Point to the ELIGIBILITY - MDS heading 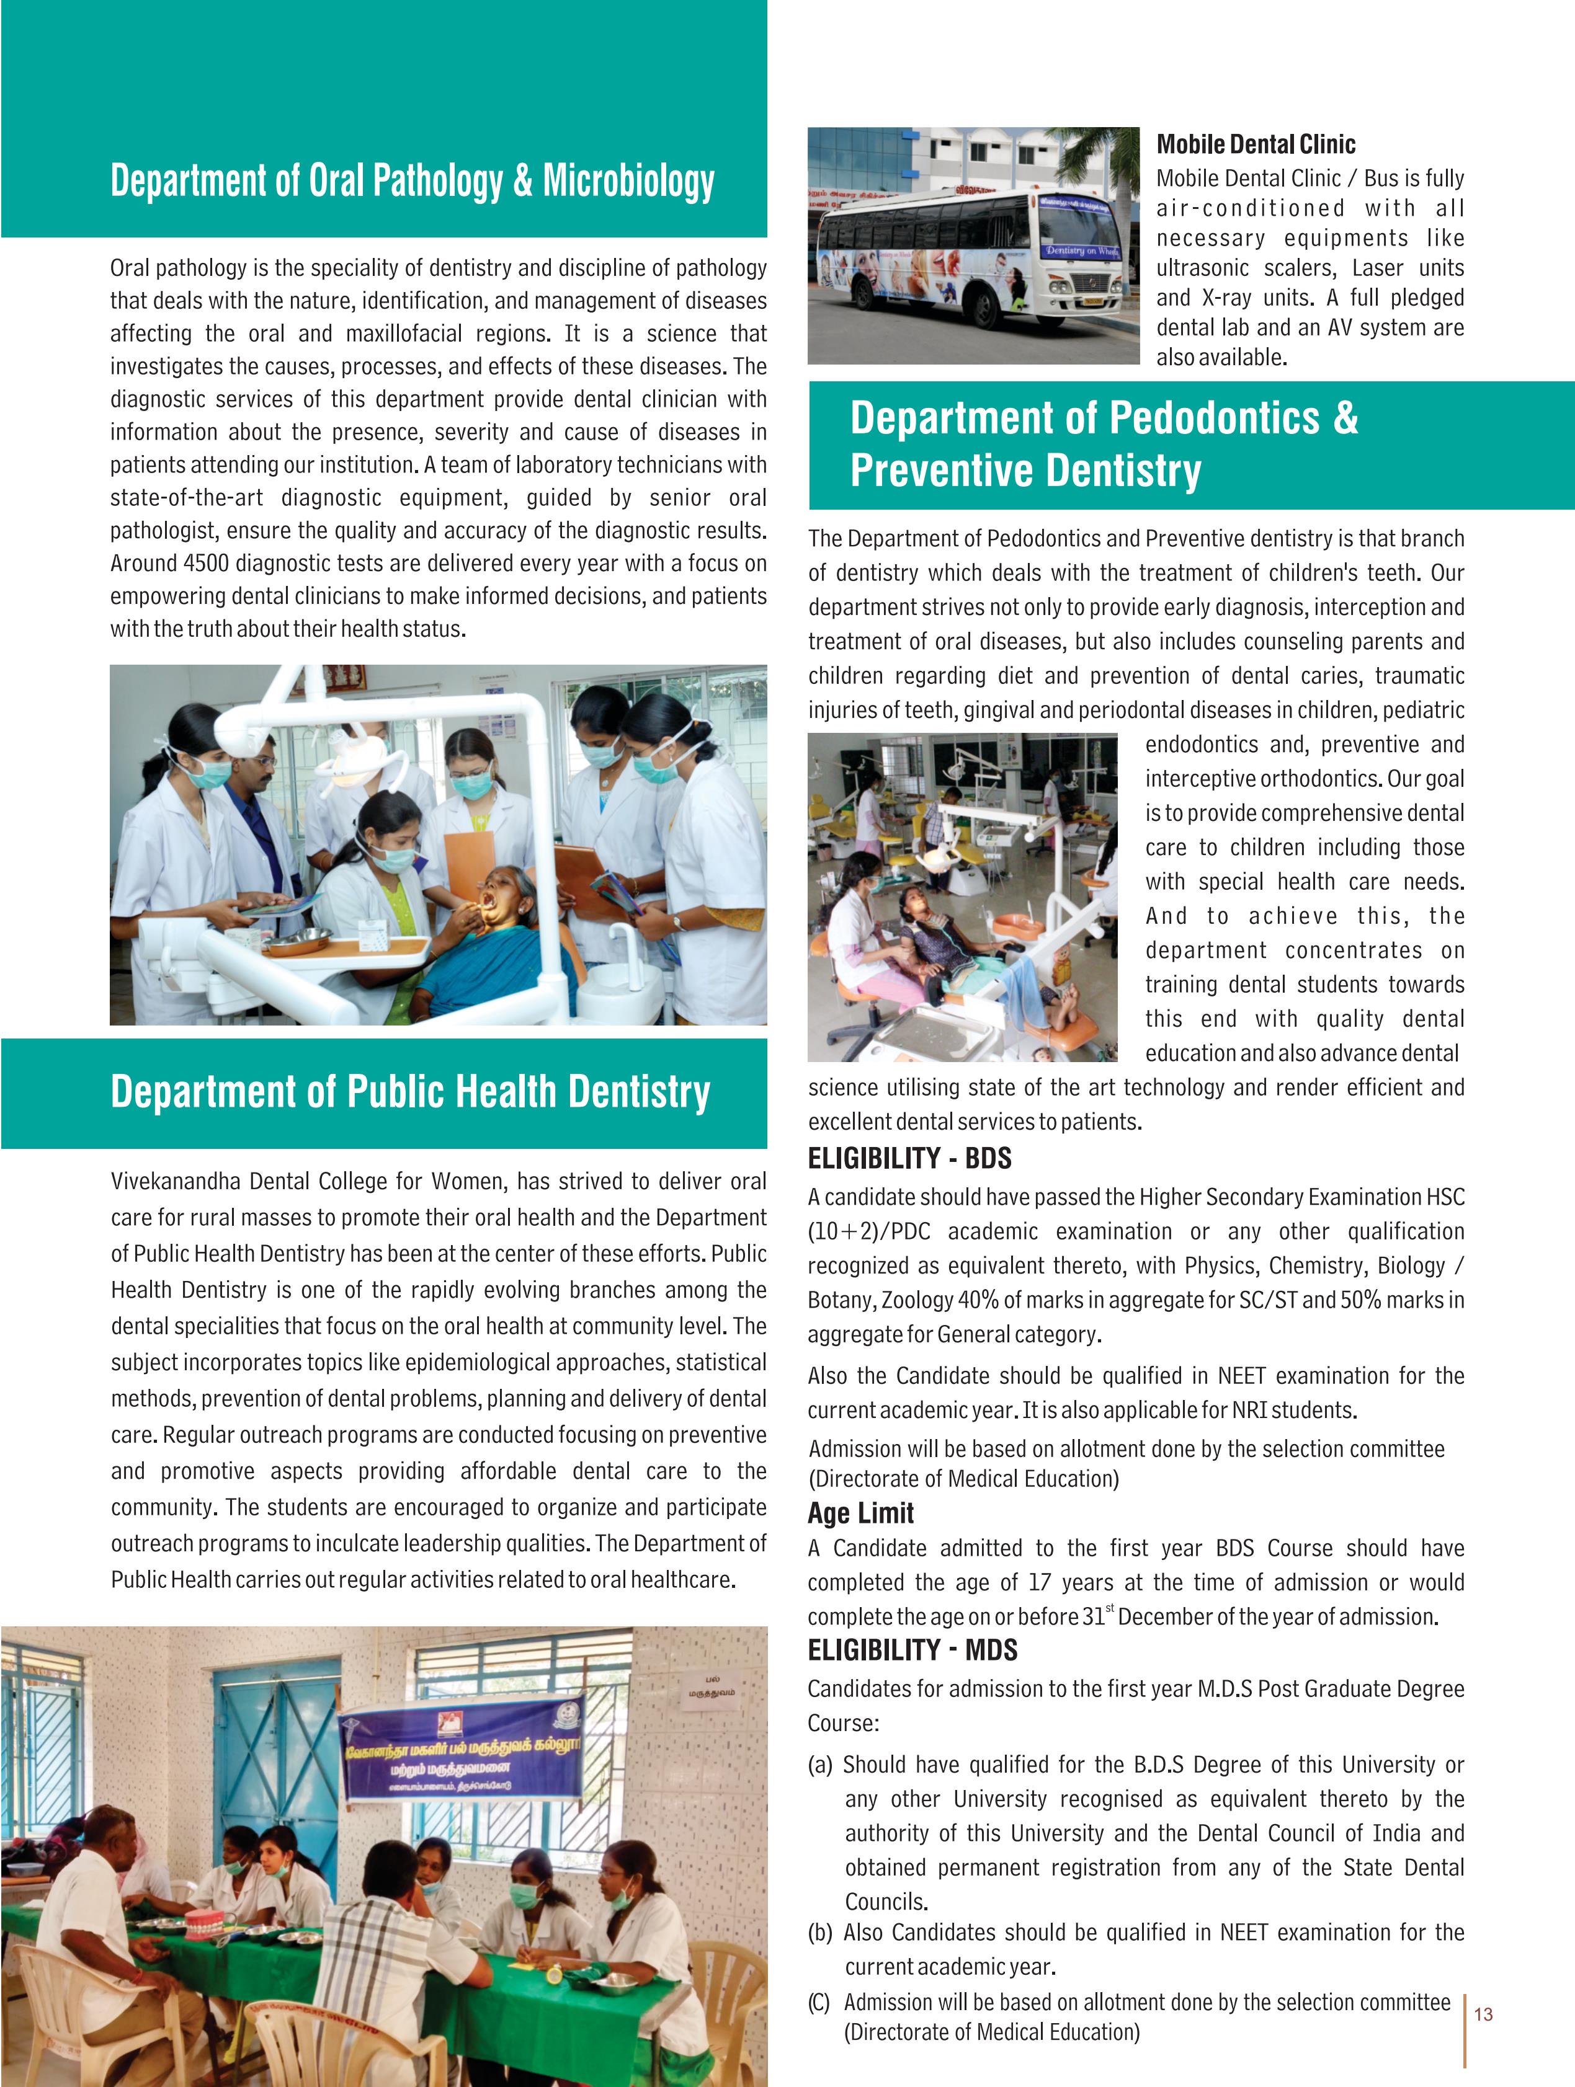pos(912,1650)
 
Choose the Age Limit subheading pos(860,1513)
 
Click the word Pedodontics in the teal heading pos(1213,418)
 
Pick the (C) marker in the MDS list pos(819,2002)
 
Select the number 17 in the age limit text pos(1039,1582)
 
